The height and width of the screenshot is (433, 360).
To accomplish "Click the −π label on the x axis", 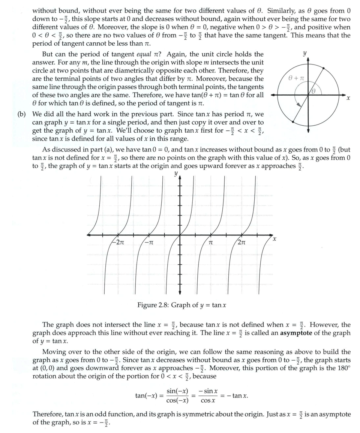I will [x=149, y=243].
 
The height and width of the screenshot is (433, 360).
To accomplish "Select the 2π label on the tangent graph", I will [x=241, y=243].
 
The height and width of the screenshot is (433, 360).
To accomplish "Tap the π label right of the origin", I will [x=211, y=243].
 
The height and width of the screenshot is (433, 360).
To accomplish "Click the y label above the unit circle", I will [x=305, y=53].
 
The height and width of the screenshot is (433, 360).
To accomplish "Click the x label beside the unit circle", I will [x=348, y=98].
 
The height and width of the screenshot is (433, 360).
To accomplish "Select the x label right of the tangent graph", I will [x=275, y=238].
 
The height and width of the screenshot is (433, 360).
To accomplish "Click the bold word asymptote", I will [x=295, y=333].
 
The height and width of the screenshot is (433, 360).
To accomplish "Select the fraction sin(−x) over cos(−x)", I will [x=177, y=396].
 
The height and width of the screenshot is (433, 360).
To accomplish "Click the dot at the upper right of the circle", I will [x=324, y=68].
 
